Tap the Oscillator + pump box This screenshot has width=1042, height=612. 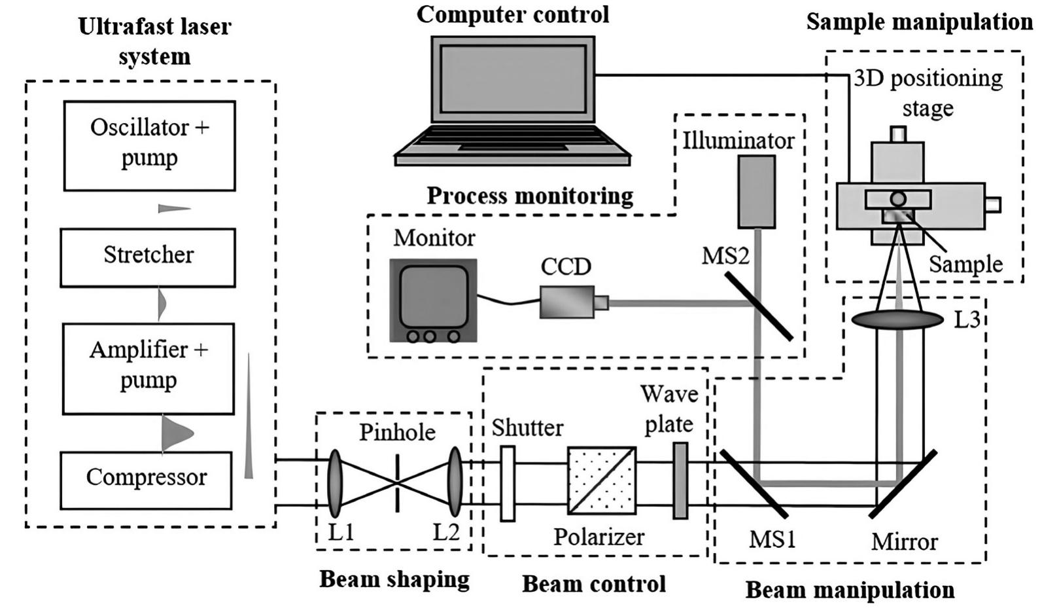[149, 145]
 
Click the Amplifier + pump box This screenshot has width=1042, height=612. [148, 368]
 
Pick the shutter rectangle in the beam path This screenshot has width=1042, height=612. [508, 484]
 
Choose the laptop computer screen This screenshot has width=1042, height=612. [513, 79]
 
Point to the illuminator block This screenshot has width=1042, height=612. [757, 192]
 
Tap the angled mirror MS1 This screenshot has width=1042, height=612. [754, 482]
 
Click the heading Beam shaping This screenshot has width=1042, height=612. [394, 579]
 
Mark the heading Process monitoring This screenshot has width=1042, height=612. [530, 195]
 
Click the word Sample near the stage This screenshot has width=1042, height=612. [965, 264]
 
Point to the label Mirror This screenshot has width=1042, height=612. [904, 542]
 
